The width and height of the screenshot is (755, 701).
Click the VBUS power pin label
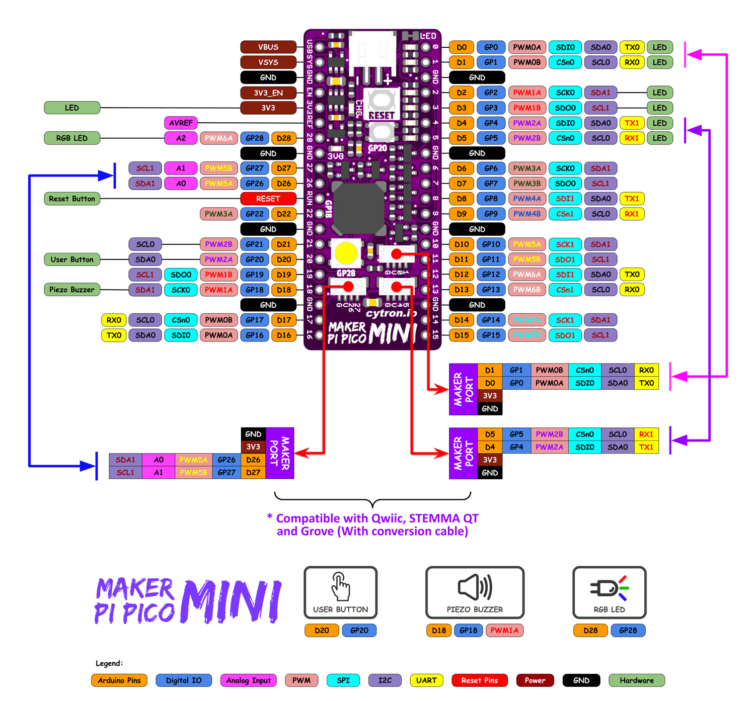(268, 47)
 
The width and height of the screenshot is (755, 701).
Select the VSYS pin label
(268, 62)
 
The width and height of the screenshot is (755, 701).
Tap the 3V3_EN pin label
(268, 93)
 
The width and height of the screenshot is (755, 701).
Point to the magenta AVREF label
(181, 123)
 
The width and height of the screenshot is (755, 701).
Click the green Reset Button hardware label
(72, 199)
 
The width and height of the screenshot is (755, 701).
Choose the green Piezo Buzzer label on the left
(72, 290)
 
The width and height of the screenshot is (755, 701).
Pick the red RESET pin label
(268, 199)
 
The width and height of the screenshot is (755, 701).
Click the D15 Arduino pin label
(462, 335)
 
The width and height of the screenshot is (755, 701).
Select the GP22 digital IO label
(255, 214)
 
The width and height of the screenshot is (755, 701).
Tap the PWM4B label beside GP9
(527, 214)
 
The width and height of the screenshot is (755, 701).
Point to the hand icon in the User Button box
(341, 586)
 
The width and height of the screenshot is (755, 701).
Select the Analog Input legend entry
(248, 681)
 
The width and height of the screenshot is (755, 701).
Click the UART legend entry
(426, 681)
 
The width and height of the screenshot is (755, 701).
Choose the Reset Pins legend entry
(479, 681)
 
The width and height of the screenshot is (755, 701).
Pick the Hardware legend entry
(637, 681)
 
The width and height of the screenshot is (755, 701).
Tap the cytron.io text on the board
(391, 313)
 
